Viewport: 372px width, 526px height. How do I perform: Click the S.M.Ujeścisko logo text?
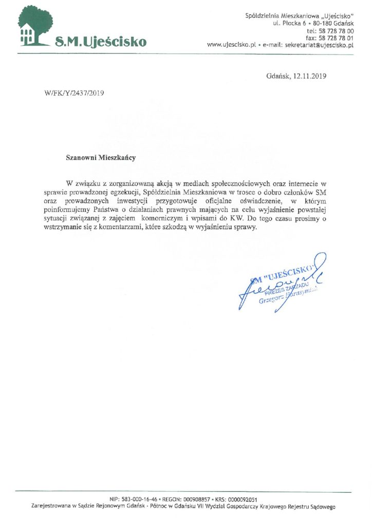point(101,41)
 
